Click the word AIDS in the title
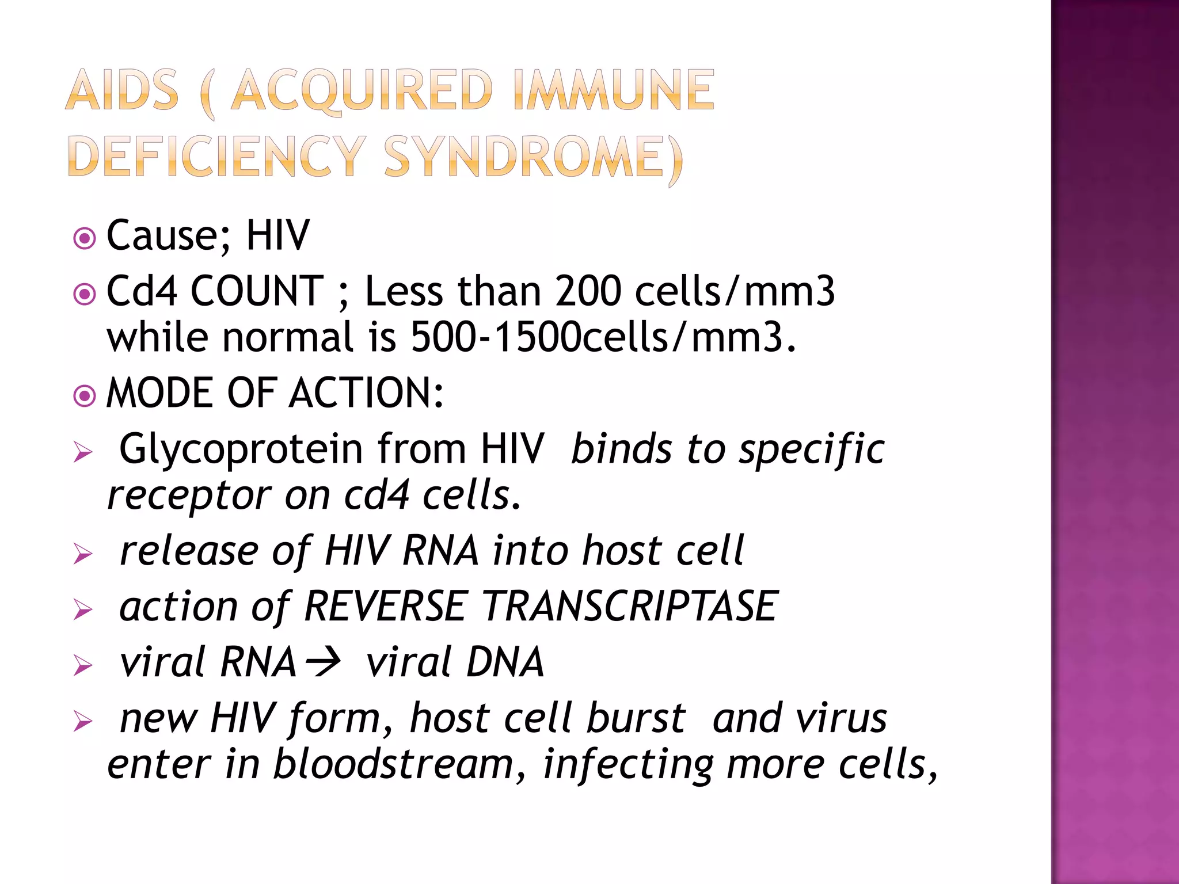point(122,90)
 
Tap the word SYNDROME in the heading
point(533,157)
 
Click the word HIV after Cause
point(278,236)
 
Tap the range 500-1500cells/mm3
point(603,337)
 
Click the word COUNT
point(257,291)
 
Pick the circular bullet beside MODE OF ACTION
point(85,396)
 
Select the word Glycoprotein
point(241,449)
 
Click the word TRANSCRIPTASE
point(630,607)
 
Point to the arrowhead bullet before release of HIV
point(83,555)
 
